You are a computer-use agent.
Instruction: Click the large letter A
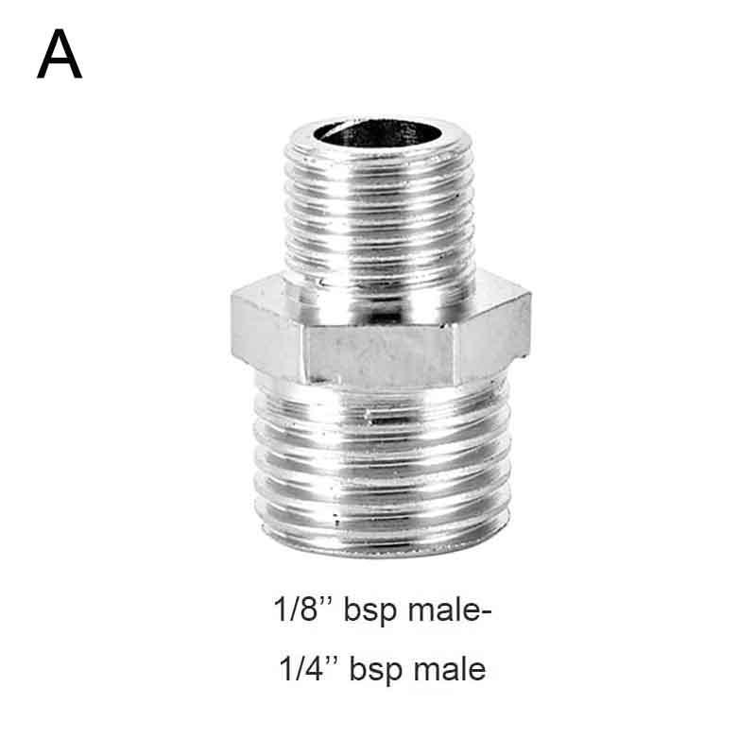tap(60, 54)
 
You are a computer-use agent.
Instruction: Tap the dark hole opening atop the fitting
tap(376, 132)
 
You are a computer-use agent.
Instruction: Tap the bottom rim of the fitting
tap(384, 547)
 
